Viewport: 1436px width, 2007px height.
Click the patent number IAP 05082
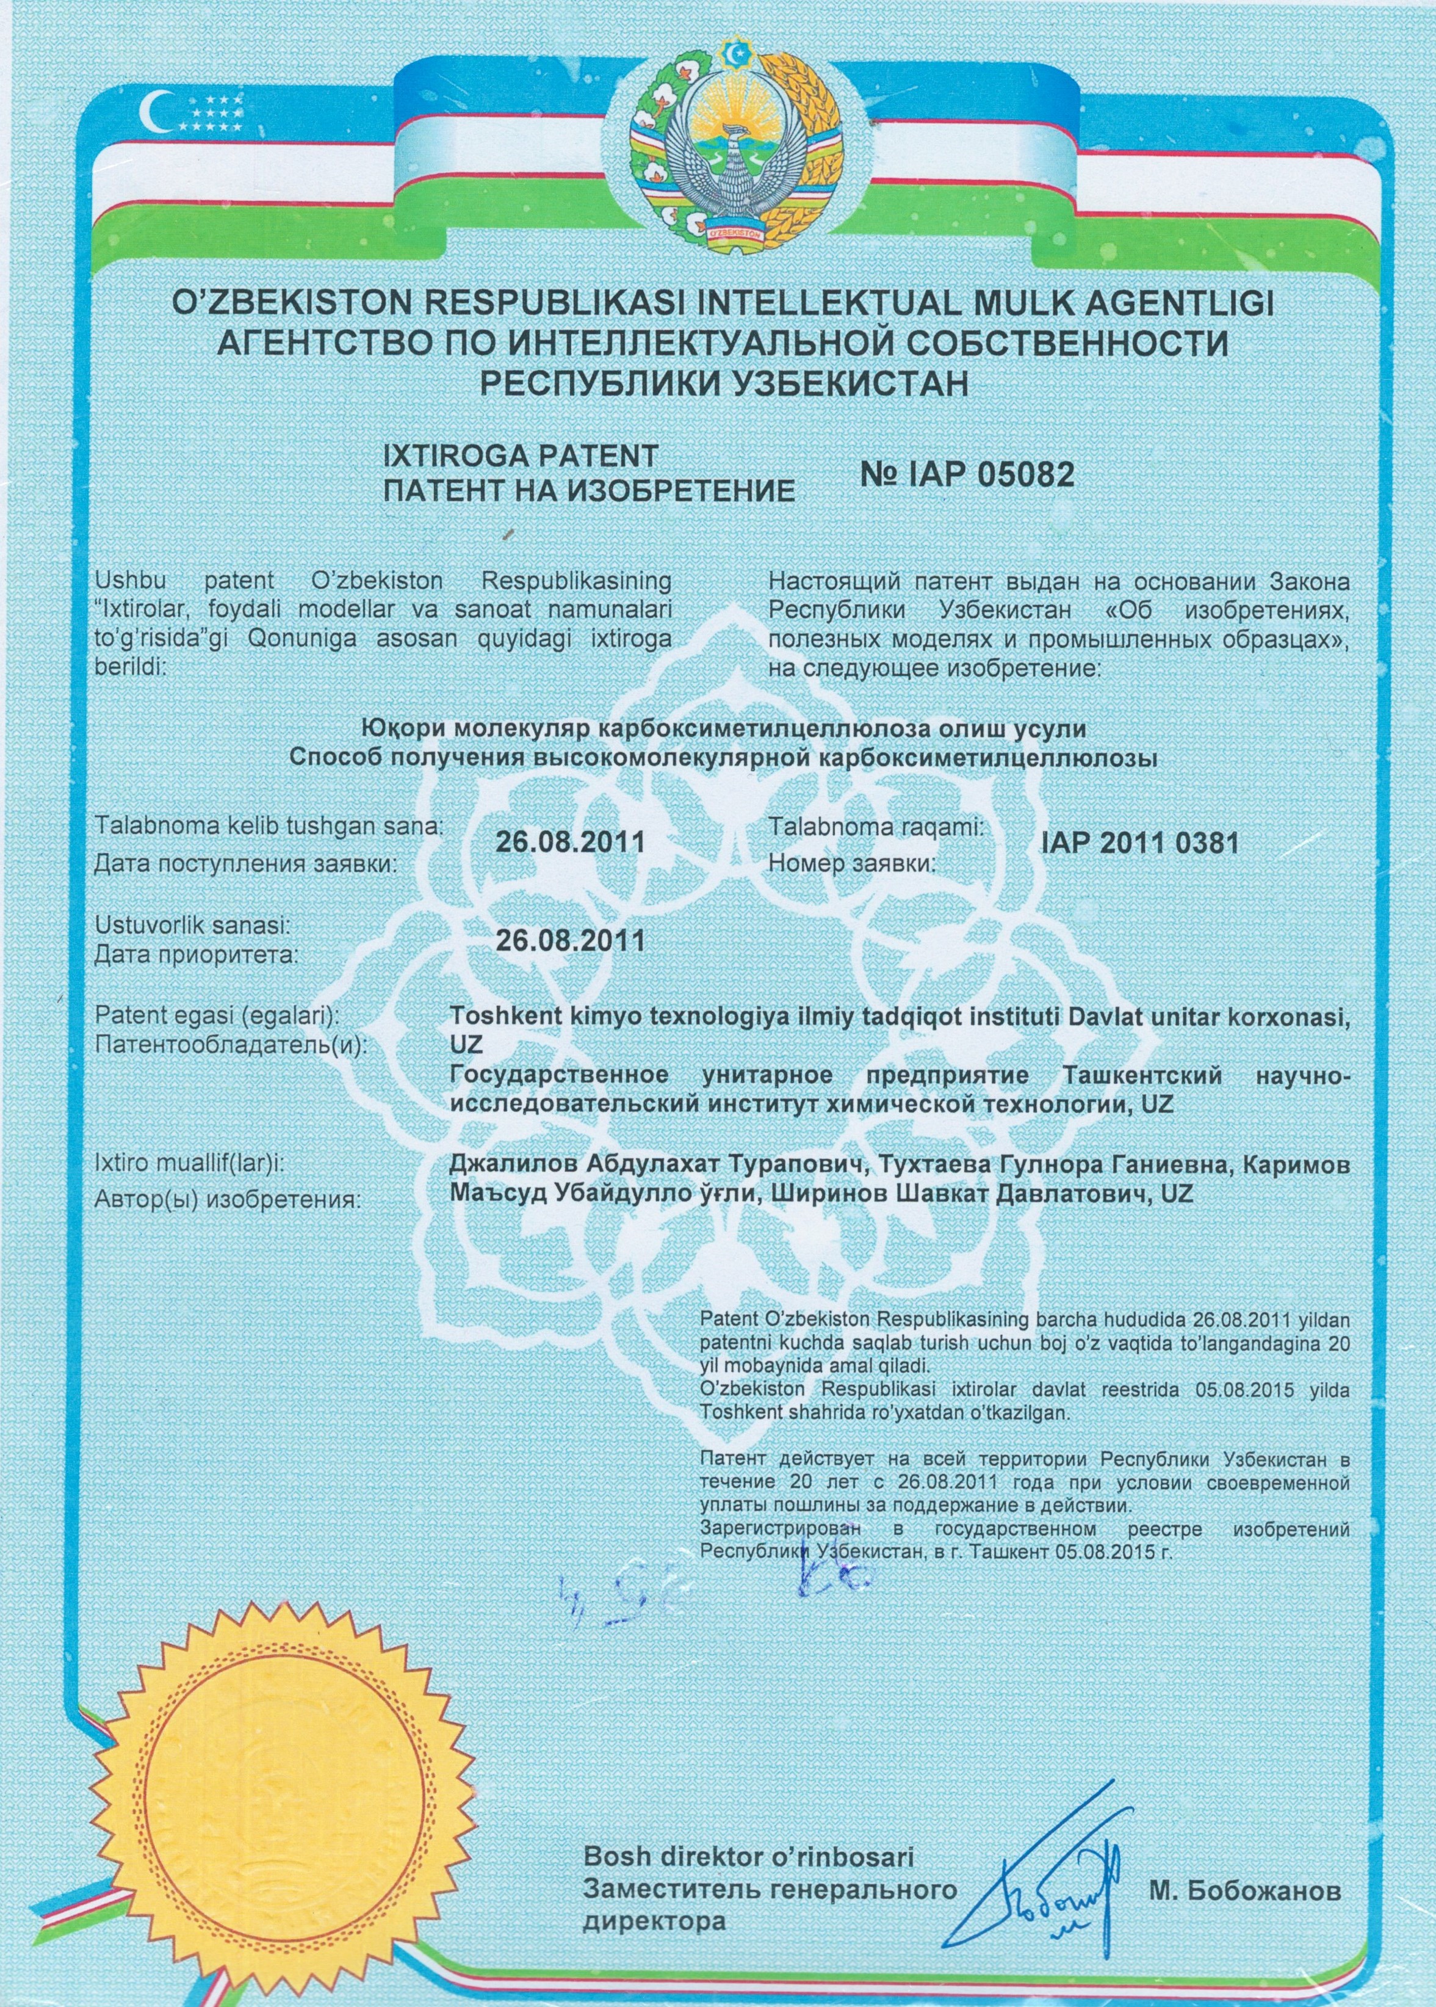(967, 475)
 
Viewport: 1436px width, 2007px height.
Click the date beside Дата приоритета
(569, 939)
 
